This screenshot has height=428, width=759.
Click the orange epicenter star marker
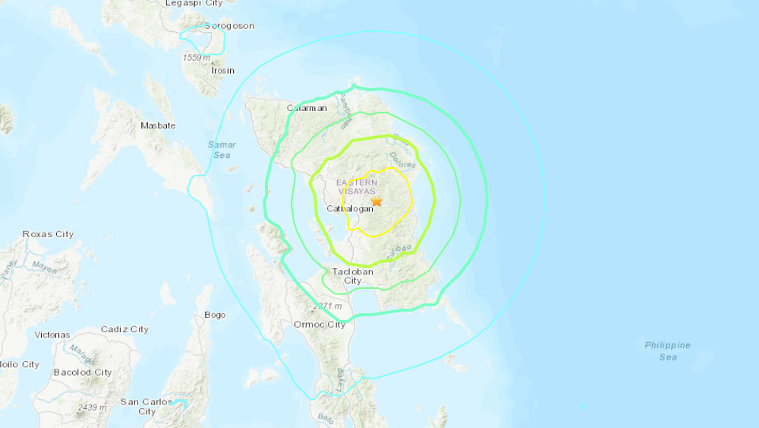pyautogui.click(x=377, y=201)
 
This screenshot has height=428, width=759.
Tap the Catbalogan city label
pyautogui.click(x=350, y=209)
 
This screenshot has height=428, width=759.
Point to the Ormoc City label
pyautogui.click(x=319, y=325)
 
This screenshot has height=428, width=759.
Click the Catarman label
pyautogui.click(x=307, y=109)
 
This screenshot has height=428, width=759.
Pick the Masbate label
pyautogui.click(x=159, y=125)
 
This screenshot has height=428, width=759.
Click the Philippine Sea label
pyautogui.click(x=667, y=350)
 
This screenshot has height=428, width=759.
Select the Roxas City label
pyautogui.click(x=49, y=234)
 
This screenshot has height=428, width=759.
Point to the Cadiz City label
pyautogui.click(x=124, y=329)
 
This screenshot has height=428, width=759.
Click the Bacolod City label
pyautogui.click(x=83, y=373)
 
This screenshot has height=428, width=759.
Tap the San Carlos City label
pyautogui.click(x=146, y=406)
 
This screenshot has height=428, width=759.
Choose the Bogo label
pyautogui.click(x=215, y=315)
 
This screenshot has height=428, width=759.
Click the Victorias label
pyautogui.click(x=52, y=334)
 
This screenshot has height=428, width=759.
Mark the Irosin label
pyautogui.click(x=223, y=70)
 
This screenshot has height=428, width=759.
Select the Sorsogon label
pyautogui.click(x=228, y=26)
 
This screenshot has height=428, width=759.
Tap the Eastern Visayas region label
pyautogui.click(x=361, y=187)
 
